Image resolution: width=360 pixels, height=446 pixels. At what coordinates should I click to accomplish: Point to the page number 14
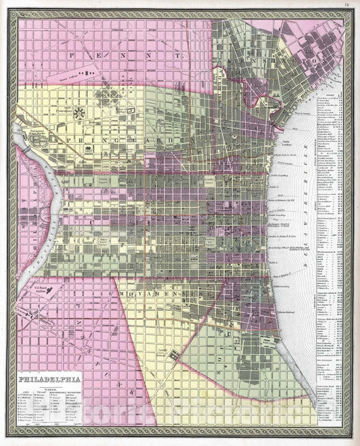click(346, 5)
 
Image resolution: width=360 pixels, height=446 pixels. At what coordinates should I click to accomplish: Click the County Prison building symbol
click(175, 354)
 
